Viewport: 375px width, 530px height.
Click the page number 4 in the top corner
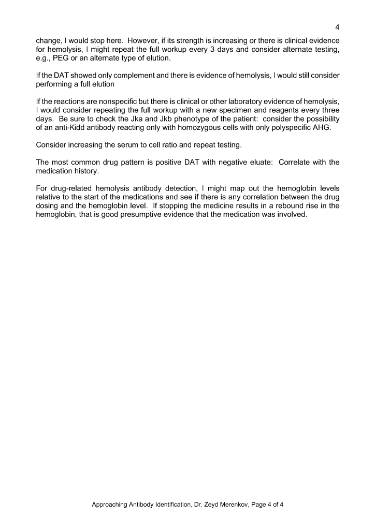pos(337,27)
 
